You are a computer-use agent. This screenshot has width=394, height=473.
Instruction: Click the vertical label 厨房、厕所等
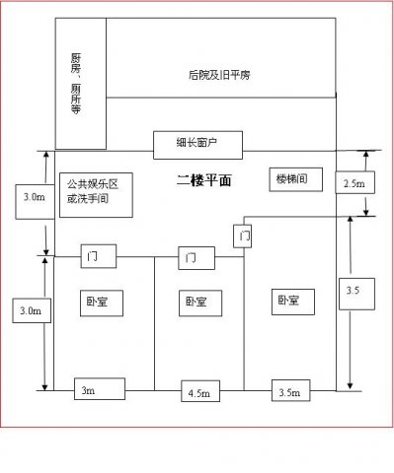(x=79, y=85)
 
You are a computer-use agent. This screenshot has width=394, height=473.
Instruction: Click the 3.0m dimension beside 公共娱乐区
(x=33, y=198)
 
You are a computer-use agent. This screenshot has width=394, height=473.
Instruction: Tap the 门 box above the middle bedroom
(x=196, y=259)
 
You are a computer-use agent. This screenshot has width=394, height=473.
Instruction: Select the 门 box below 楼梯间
(x=244, y=236)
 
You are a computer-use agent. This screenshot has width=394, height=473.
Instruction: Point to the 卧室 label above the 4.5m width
(x=196, y=301)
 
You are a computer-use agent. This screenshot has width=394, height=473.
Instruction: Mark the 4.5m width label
(x=198, y=392)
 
